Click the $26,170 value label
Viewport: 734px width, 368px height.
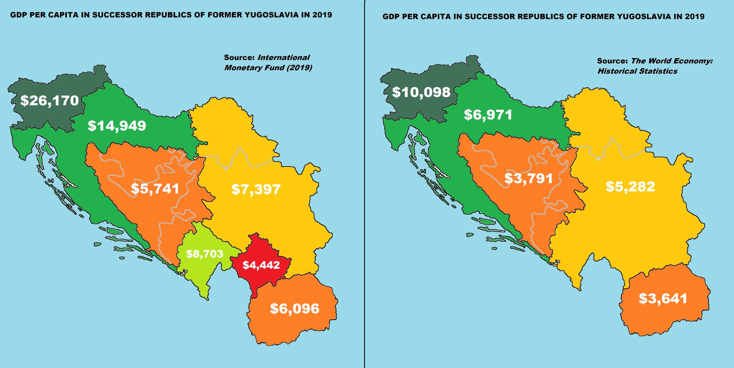point(49,101)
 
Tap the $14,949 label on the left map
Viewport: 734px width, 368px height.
point(117,126)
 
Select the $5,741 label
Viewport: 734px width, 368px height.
point(155,189)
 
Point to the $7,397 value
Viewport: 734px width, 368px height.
point(256,189)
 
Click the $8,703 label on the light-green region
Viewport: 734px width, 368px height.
point(205,254)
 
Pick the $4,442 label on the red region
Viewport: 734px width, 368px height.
point(261,265)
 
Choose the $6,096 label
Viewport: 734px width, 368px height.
point(294,309)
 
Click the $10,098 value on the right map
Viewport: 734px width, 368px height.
point(421,92)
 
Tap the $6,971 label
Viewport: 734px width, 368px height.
point(488,115)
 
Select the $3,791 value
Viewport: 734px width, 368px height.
point(529,178)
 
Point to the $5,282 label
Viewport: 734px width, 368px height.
point(630,187)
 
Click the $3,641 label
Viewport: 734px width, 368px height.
point(663,299)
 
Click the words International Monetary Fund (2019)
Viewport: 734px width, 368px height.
point(268,63)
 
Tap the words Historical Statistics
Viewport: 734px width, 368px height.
point(637,71)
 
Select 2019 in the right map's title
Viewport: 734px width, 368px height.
point(694,16)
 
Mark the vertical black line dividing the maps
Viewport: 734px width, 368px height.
point(364,215)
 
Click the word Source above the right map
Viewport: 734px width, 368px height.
point(612,61)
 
